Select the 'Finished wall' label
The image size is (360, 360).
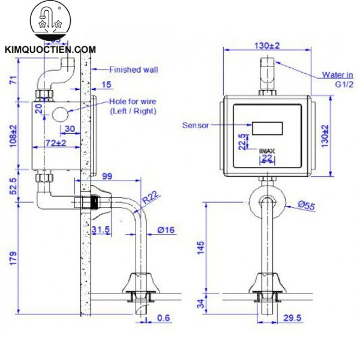point(133,70)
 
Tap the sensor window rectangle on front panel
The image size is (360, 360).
point(267,128)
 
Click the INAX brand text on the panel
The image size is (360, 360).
point(267,151)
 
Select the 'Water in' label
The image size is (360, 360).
point(337,75)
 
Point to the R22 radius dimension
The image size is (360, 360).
point(150,195)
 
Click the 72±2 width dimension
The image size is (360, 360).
point(56,142)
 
